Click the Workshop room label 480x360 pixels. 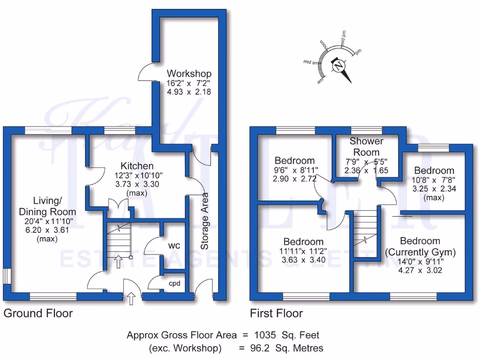(x=189, y=74)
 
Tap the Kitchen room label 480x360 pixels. (x=137, y=166)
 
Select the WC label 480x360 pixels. (x=174, y=246)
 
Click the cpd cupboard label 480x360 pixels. (x=175, y=283)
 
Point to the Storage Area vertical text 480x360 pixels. (x=204, y=221)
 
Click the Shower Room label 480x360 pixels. (x=367, y=146)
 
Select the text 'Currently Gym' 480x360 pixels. (x=413, y=252)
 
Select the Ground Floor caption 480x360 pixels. (x=38, y=313)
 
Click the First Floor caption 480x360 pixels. (x=276, y=313)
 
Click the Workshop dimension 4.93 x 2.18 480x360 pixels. (x=189, y=92)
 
